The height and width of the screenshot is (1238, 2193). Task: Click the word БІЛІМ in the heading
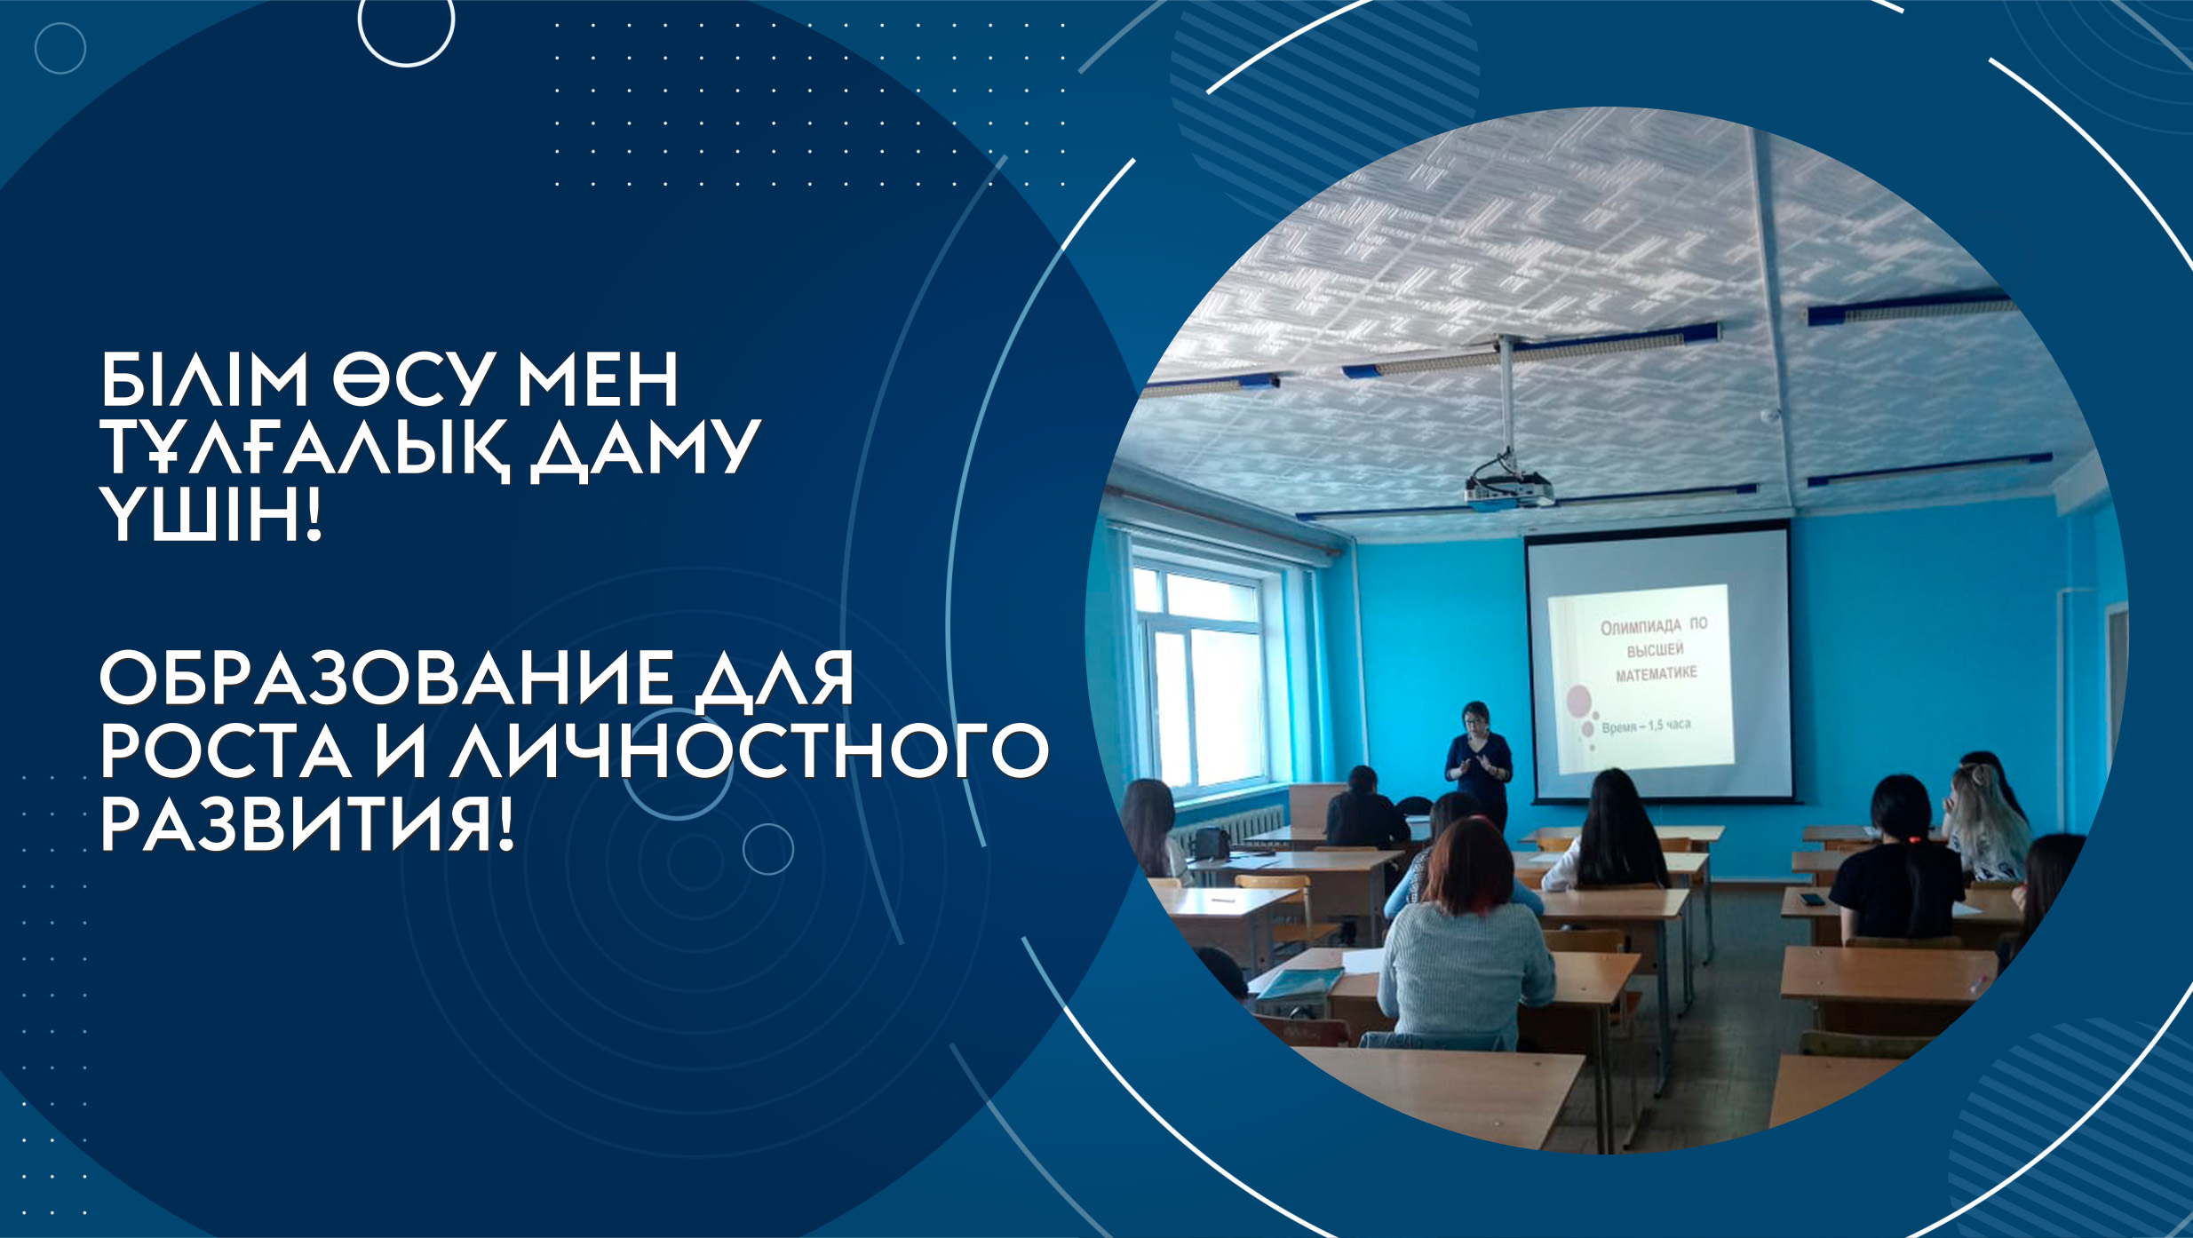point(204,379)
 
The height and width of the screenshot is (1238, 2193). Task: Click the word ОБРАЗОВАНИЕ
point(386,678)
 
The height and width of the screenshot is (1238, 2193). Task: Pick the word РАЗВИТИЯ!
point(307,823)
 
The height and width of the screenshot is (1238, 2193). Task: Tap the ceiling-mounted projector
point(1509,489)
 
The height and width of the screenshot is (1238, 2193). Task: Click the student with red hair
point(1466,932)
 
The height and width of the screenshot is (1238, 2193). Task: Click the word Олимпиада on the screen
point(1640,627)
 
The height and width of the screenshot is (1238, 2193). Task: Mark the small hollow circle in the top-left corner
point(60,48)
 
